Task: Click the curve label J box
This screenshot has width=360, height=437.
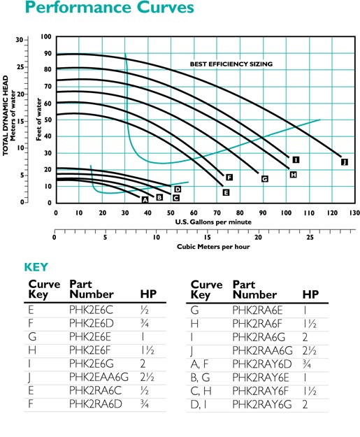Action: point(345,162)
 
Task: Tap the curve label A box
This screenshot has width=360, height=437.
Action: point(145,199)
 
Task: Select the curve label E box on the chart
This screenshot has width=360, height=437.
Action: point(226,192)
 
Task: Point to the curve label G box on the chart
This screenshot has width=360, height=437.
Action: point(265,179)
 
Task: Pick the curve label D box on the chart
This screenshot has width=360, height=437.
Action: point(178,189)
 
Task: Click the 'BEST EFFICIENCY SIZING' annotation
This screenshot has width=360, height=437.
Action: point(231,64)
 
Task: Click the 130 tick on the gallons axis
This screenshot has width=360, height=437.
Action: point(354,213)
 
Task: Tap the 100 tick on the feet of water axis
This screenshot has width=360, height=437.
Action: point(46,37)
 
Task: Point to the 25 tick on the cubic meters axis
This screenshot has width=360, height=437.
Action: point(310,238)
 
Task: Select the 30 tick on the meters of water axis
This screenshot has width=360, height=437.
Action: point(20,40)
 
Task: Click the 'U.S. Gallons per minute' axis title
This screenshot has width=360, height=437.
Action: point(213,222)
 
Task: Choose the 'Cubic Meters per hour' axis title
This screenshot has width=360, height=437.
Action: point(213,247)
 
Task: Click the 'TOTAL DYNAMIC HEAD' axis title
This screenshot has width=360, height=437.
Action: point(6,116)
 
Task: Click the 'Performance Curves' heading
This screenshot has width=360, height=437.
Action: point(110,7)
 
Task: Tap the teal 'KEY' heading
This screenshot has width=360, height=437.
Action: point(36,267)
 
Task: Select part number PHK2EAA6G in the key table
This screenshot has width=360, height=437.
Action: point(99,377)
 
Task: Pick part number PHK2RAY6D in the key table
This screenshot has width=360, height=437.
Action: point(262,364)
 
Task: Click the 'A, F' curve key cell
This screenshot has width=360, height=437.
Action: point(199,364)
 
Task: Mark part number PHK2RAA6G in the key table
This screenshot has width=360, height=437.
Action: point(262,350)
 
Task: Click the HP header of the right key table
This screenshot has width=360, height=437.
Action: point(310,294)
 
